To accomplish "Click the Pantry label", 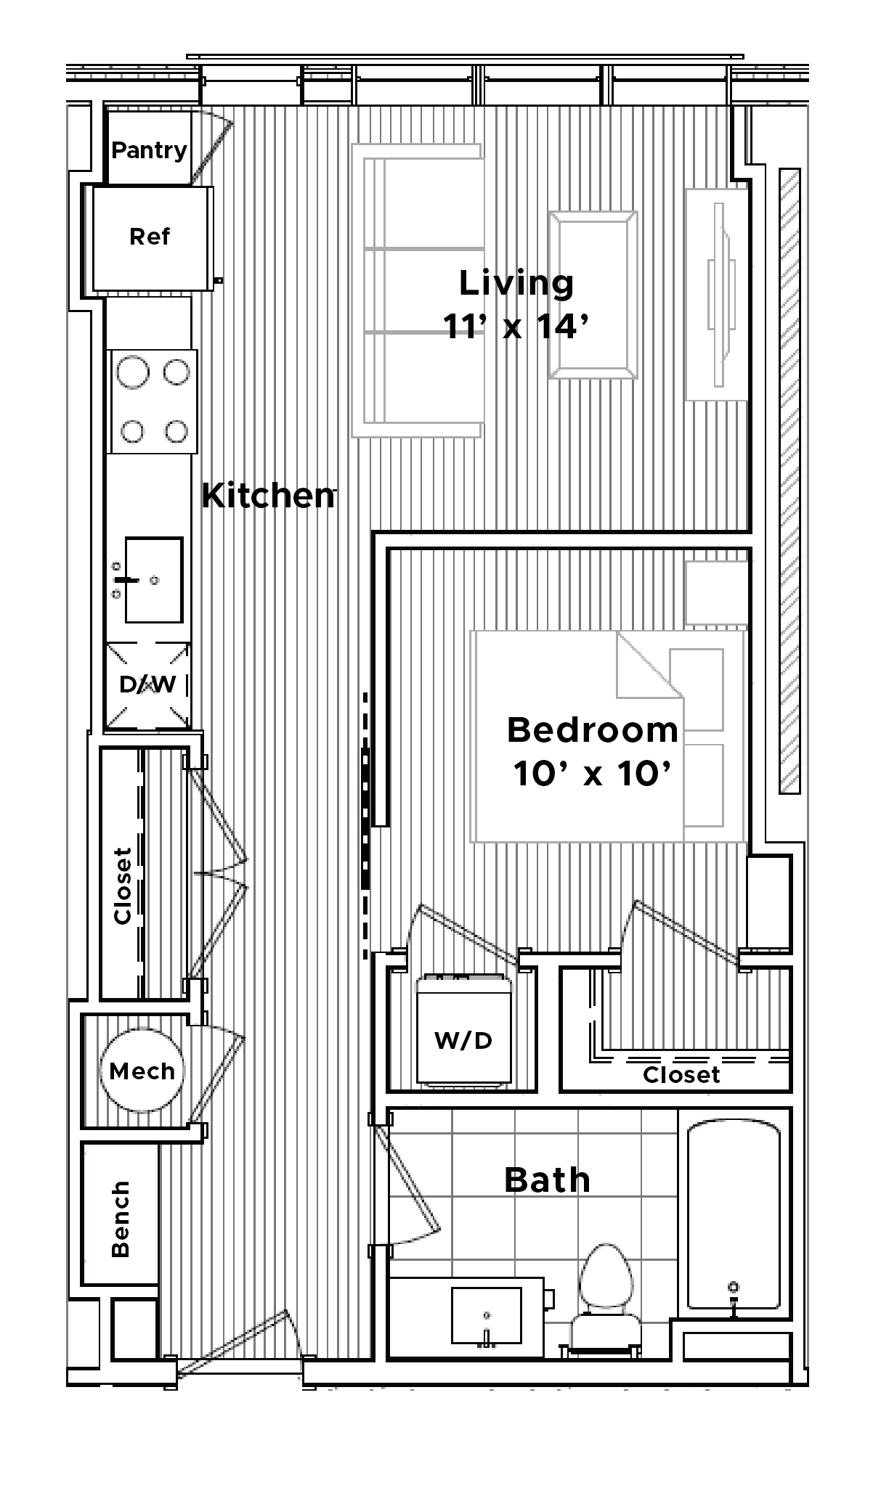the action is pos(149,150).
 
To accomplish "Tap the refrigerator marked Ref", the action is pos(150,237).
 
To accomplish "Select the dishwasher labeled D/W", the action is pos(148,684).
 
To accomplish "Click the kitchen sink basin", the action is pos(153,580).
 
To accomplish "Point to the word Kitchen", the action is pos(268,495).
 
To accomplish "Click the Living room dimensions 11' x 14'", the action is pos(515,327).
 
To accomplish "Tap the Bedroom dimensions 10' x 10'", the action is pos(591,774).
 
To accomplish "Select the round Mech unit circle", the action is pos(142,1071).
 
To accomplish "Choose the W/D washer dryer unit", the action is pos(463,1031).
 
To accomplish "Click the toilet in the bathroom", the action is pos(606,1299).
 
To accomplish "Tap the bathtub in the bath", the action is pos(734,1218).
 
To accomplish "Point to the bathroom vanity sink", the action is pos(487,1315).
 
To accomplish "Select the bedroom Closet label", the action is pos(681,1075).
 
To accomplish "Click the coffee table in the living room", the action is pos(593,295).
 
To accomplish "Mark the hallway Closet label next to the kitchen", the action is pos(122,886).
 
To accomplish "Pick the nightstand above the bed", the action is pos(716,592).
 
